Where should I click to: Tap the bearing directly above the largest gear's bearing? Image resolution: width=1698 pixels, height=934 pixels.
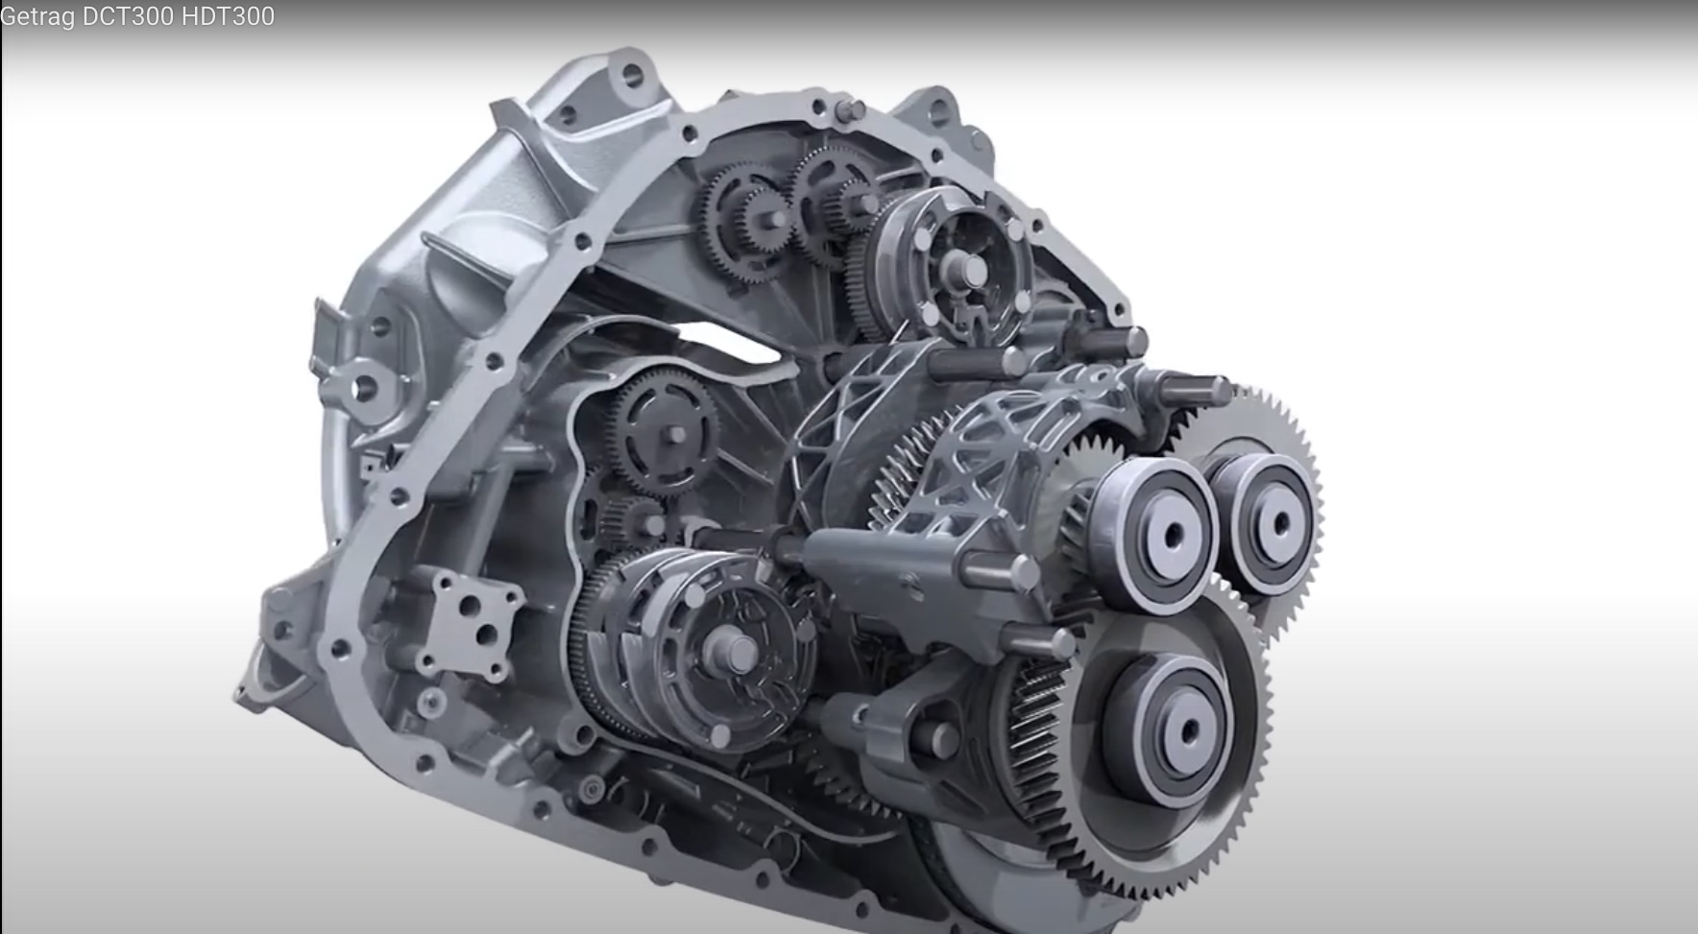[x=1155, y=534]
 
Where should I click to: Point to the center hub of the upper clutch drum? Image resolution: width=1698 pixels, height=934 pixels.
[x=970, y=272]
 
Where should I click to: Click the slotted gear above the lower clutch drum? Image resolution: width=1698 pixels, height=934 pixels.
[x=664, y=432]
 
